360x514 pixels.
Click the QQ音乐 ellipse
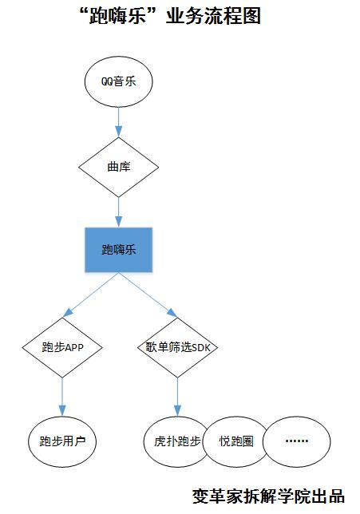118,81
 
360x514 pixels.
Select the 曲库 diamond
118,167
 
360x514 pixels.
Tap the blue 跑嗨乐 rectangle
118,250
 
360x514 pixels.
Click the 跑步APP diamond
62,347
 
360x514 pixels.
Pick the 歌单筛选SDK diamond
177,347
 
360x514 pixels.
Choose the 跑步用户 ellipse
62,441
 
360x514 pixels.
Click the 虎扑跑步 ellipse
177,441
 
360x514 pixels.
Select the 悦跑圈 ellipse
236,441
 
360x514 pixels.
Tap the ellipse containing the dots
296,441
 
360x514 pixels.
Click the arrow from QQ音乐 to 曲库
118,122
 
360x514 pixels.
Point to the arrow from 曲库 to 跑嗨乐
118,212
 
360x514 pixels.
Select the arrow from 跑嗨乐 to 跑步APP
90,295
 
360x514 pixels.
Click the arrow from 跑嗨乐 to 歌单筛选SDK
148,295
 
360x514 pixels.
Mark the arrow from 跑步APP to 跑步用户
62,397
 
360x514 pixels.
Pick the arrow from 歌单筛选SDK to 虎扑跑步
177,397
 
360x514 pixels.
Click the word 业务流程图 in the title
213,15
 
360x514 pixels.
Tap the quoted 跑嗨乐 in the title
117,15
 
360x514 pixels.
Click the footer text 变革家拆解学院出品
268,496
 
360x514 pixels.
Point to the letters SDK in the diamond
201,347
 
